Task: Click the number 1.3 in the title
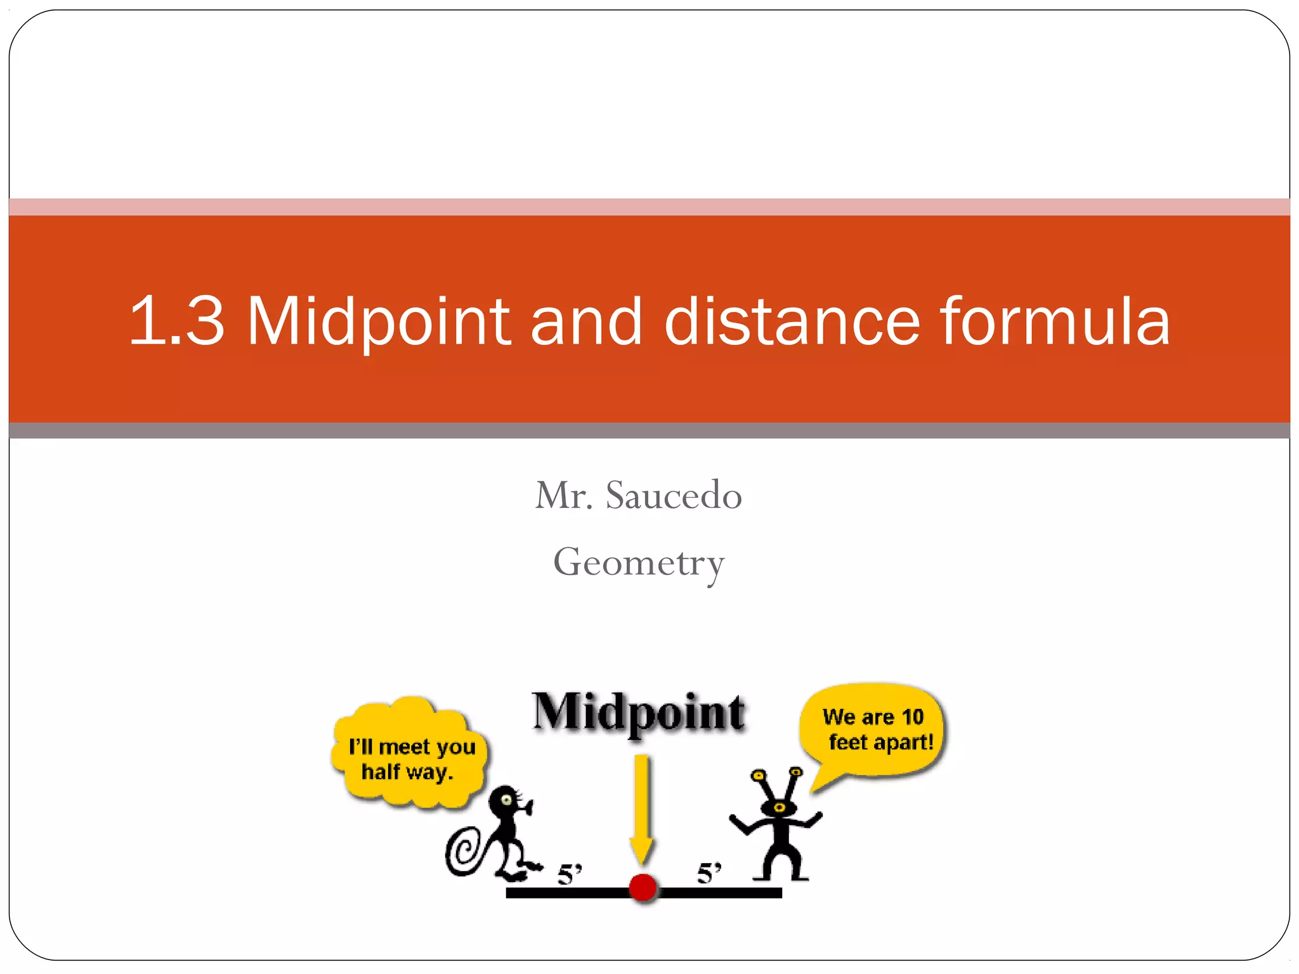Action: point(177,321)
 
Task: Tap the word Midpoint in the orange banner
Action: point(379,321)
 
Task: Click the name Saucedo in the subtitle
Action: point(674,495)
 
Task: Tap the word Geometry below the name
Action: point(639,562)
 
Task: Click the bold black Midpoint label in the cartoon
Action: point(639,713)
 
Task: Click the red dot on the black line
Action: point(643,887)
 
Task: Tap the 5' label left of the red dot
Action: point(569,874)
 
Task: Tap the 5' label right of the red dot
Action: point(708,873)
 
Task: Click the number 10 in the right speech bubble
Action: point(912,717)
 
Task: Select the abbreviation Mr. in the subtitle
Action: point(564,495)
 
